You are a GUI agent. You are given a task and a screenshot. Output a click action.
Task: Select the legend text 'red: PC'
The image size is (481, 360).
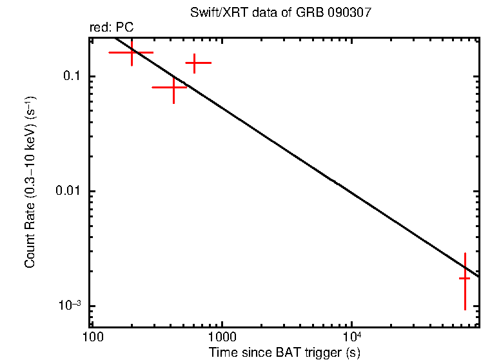(112, 28)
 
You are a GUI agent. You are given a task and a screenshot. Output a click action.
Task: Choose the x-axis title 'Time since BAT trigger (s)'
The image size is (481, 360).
(284, 352)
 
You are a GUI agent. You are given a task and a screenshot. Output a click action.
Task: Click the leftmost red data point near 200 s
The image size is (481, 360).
(132, 52)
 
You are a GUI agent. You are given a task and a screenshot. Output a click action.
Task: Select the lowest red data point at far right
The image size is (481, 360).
(464, 278)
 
